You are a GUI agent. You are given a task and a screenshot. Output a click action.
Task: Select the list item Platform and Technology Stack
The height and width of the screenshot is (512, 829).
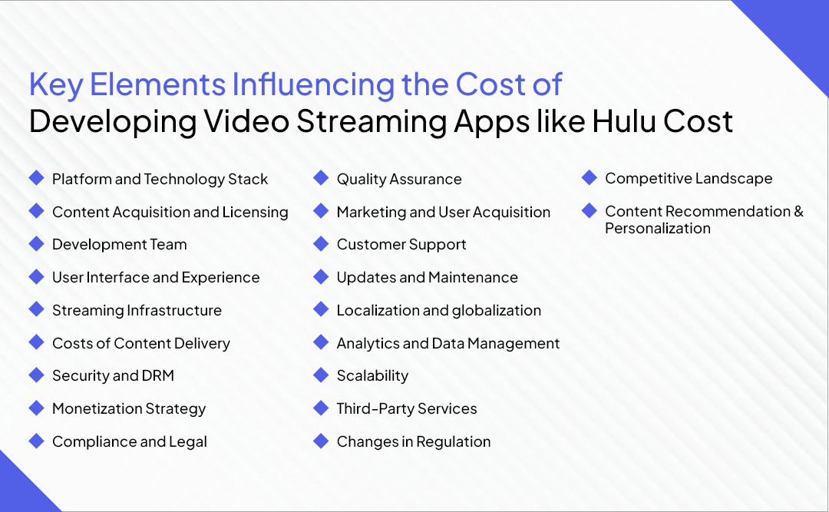point(160,180)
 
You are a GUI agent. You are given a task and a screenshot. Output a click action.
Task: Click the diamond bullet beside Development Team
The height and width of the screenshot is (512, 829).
point(36,244)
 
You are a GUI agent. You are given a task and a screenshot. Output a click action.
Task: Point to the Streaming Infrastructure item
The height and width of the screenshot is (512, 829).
point(137,311)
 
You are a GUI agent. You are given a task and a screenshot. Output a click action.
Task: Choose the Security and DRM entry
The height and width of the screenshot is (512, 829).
point(113,376)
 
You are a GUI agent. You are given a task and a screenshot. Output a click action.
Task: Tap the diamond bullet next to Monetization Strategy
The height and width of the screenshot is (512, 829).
point(36,408)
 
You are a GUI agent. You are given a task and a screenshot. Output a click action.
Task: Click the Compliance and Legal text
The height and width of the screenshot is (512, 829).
point(130,442)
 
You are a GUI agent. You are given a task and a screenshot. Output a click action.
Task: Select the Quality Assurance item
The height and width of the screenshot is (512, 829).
point(399,180)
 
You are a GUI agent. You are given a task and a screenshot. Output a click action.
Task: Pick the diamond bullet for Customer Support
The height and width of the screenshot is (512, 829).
point(321,244)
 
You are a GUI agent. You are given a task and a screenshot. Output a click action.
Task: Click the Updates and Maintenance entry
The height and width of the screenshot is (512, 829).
point(427,278)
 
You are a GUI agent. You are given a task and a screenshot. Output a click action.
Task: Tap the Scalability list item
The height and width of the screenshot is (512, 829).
point(372,376)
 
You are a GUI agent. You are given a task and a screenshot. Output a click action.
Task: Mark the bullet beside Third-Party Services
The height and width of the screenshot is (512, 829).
point(321,408)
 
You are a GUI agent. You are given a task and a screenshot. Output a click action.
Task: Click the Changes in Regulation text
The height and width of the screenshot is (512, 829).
point(414,442)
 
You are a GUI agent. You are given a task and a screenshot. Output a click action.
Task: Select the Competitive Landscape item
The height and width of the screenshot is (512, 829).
point(689,179)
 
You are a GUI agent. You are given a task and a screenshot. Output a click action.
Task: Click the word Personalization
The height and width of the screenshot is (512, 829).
point(658,229)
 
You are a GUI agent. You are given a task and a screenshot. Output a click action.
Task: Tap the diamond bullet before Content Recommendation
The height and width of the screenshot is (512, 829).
point(589,210)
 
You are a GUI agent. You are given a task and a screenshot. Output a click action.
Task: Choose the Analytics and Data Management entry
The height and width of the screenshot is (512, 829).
point(448,344)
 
